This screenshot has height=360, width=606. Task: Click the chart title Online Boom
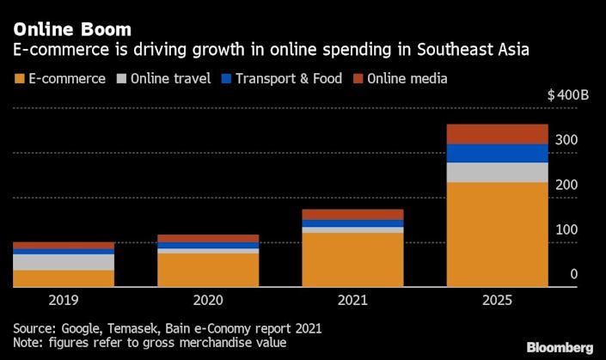(72, 30)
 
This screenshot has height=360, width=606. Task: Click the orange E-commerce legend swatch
(18, 79)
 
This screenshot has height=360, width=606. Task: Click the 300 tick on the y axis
(567, 140)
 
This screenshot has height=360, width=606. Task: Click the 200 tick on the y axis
(567, 185)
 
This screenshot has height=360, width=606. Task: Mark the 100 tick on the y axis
(567, 229)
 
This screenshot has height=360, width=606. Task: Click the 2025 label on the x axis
(496, 300)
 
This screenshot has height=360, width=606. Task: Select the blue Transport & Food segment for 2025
(496, 153)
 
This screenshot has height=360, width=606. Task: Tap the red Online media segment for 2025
(496, 134)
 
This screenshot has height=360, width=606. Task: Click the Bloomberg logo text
(560, 346)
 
